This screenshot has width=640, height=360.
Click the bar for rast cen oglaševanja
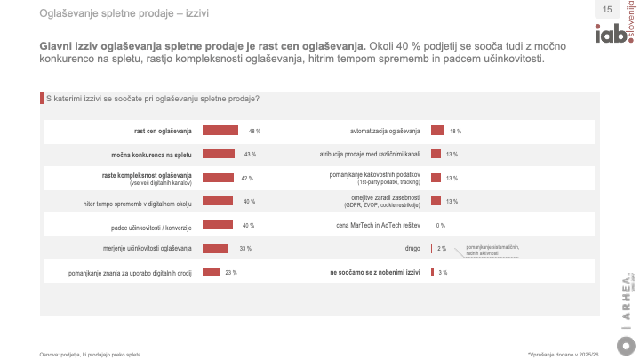pyautogui.click(x=220, y=131)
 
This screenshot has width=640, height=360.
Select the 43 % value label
pyautogui.click(x=251, y=155)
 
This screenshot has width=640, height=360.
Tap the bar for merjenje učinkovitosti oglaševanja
pyautogui.click(x=215, y=248)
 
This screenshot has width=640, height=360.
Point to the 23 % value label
pyautogui.click(x=230, y=272)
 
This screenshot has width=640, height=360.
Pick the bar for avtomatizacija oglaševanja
pyautogui.click(x=437, y=131)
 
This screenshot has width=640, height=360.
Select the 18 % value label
pyautogui.click(x=455, y=131)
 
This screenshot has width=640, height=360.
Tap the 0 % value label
pyautogui.click(x=440, y=225)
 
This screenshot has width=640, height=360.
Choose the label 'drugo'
pyautogui.click(x=412, y=248)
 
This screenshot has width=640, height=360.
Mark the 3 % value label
pyautogui.click(x=443, y=272)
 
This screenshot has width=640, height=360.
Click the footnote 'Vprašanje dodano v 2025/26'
pyautogui.click(x=569, y=353)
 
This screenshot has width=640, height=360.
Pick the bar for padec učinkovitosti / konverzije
pyautogui.click(x=217, y=225)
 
